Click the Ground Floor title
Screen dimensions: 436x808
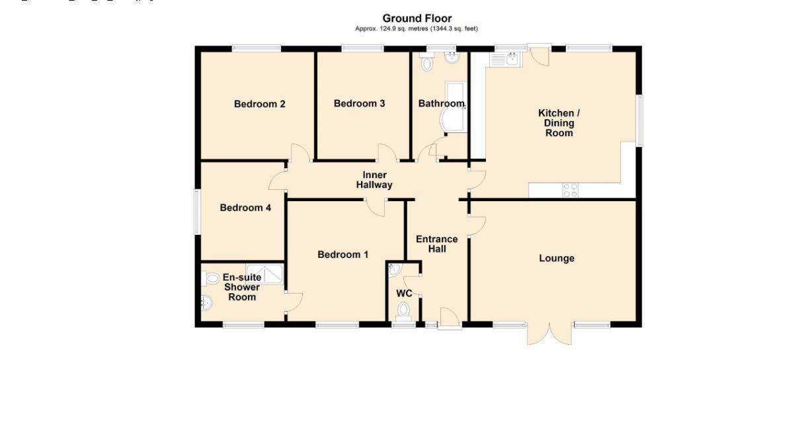pos(417,19)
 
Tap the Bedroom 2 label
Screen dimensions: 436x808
pos(260,104)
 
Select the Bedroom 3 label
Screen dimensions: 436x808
pos(359,103)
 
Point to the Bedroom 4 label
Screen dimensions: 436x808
pos(245,208)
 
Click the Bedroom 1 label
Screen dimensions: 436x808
pos(343,255)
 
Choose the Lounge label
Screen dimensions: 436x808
pos(556,258)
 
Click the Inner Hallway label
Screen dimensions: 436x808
pos(374,180)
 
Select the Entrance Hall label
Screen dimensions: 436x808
pos(436,244)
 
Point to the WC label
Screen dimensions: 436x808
pos(404,293)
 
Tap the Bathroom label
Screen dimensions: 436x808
pos(441,104)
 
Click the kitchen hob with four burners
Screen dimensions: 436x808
pos(570,190)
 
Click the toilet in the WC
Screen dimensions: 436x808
pos(403,310)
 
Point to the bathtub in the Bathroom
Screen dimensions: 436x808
pos(455,106)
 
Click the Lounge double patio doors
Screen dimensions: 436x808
pos(549,333)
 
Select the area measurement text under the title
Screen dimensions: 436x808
pos(417,28)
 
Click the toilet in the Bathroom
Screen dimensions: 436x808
pos(427,64)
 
